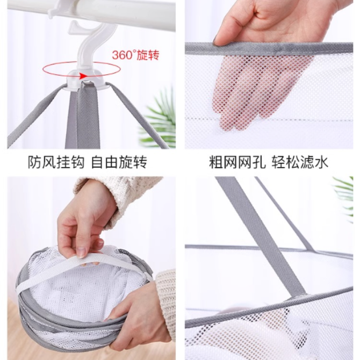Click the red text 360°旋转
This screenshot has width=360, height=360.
pyautogui.click(x=135, y=55)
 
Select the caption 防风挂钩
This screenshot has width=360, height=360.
pyautogui.click(x=56, y=162)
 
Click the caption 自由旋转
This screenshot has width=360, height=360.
pyautogui.click(x=119, y=162)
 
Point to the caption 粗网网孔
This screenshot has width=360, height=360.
pyautogui.click(x=237, y=162)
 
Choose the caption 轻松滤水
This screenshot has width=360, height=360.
pyautogui.click(x=300, y=162)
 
